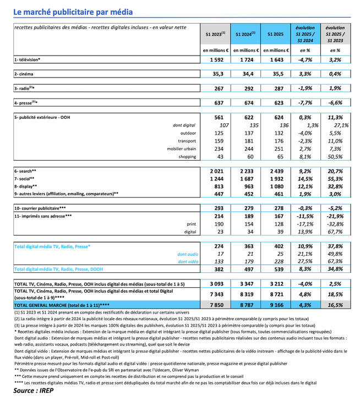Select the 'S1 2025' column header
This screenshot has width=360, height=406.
(x=275, y=34)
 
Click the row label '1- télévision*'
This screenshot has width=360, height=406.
(x=28, y=59)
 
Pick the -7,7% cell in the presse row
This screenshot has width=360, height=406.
(x=306, y=103)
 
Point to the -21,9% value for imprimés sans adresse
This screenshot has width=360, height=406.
(x=337, y=217)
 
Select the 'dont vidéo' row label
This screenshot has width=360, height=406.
(x=184, y=261)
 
